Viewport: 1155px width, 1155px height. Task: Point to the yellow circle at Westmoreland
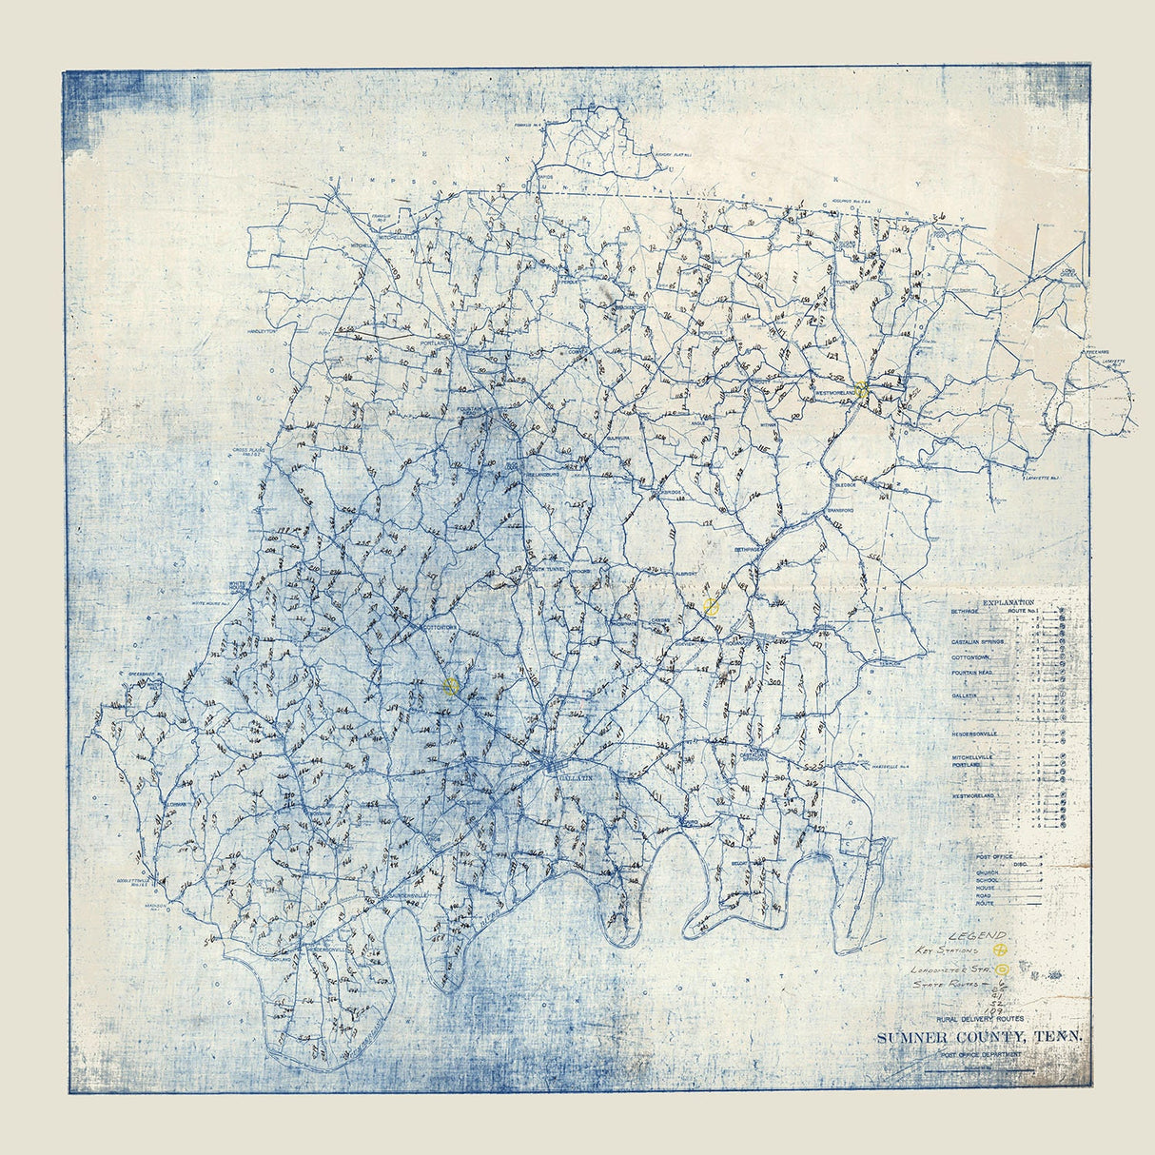click(x=862, y=389)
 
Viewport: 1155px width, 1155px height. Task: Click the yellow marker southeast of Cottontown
click(x=451, y=686)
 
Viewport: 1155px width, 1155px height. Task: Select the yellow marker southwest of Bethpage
click(x=711, y=607)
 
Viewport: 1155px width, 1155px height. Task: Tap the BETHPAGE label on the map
click(x=748, y=549)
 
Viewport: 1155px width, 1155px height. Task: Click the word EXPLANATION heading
click(x=1008, y=603)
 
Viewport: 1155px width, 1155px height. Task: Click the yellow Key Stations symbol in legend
click(x=1000, y=949)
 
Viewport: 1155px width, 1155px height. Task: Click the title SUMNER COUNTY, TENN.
click(x=980, y=1037)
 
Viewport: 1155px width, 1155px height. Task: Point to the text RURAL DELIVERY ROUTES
click(x=980, y=1020)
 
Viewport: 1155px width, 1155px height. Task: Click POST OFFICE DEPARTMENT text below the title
click(x=980, y=1054)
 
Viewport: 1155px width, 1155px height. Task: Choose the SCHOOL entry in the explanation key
click(x=987, y=881)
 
